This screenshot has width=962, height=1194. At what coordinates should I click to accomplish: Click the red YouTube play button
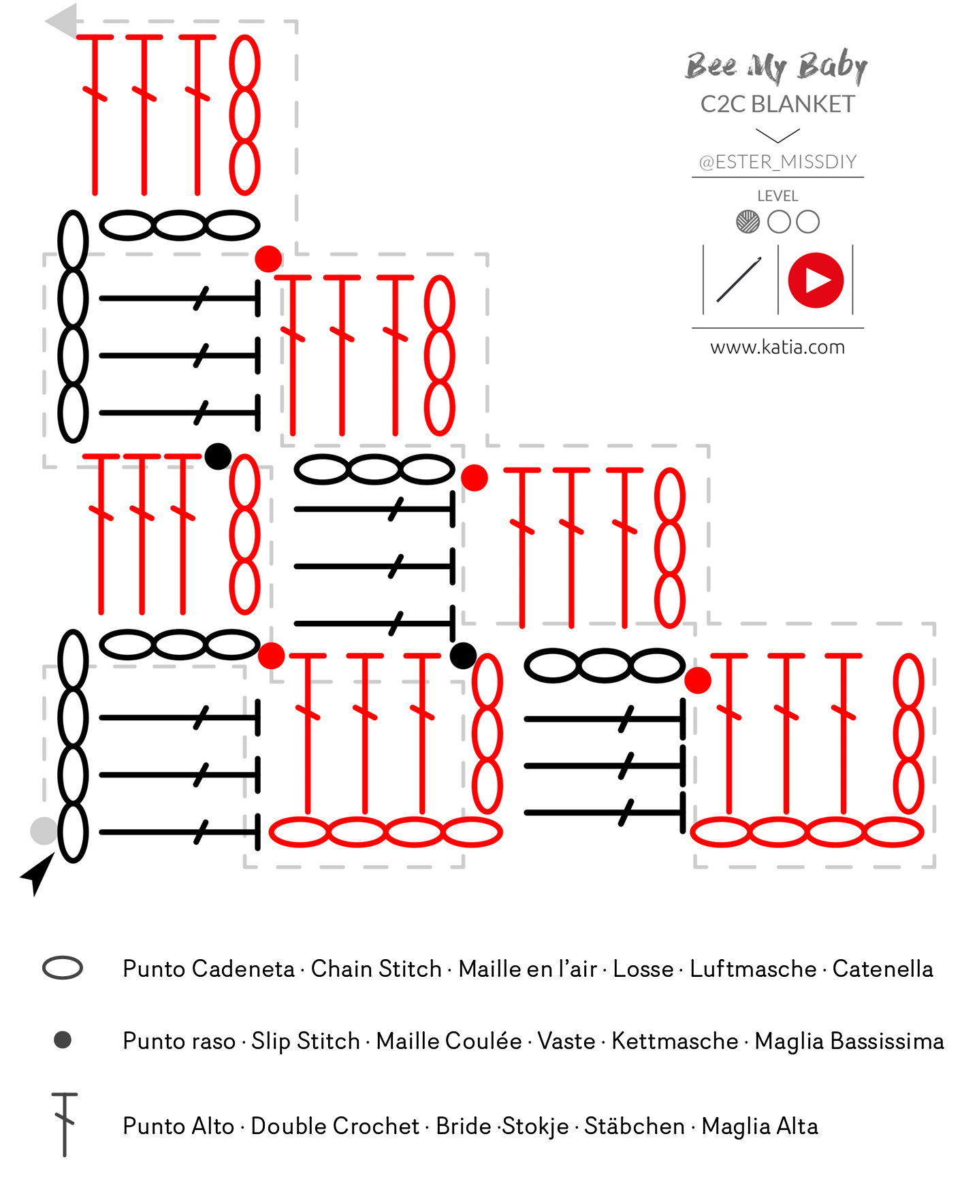(x=816, y=280)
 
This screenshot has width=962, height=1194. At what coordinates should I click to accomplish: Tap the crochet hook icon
(x=739, y=279)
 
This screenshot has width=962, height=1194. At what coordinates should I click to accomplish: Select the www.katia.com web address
(x=777, y=347)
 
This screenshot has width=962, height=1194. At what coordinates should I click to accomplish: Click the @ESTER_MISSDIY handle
(x=777, y=162)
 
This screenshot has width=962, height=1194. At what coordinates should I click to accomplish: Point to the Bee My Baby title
(x=776, y=67)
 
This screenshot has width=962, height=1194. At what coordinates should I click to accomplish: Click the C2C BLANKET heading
(x=777, y=104)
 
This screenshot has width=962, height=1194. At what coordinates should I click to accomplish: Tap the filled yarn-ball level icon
(x=748, y=222)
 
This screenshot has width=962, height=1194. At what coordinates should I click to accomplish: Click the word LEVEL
(x=777, y=196)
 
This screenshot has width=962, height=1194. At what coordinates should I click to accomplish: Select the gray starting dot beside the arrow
(x=44, y=831)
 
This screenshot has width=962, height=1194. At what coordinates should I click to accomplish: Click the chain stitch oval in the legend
(x=63, y=968)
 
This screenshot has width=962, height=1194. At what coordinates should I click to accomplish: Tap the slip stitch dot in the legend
(x=63, y=1040)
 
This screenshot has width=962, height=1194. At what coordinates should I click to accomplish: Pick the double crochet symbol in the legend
(x=65, y=1125)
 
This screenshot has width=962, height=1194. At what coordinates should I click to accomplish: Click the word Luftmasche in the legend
(x=753, y=969)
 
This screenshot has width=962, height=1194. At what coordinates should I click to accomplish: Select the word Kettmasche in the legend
(x=675, y=1041)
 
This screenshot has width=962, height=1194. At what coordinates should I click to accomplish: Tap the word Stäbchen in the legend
(x=635, y=1126)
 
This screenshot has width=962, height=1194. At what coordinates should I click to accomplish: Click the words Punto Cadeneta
(x=208, y=969)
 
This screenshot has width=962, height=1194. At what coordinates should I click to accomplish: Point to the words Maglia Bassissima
(x=849, y=1042)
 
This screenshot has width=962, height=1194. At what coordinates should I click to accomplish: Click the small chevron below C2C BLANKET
(x=777, y=136)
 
